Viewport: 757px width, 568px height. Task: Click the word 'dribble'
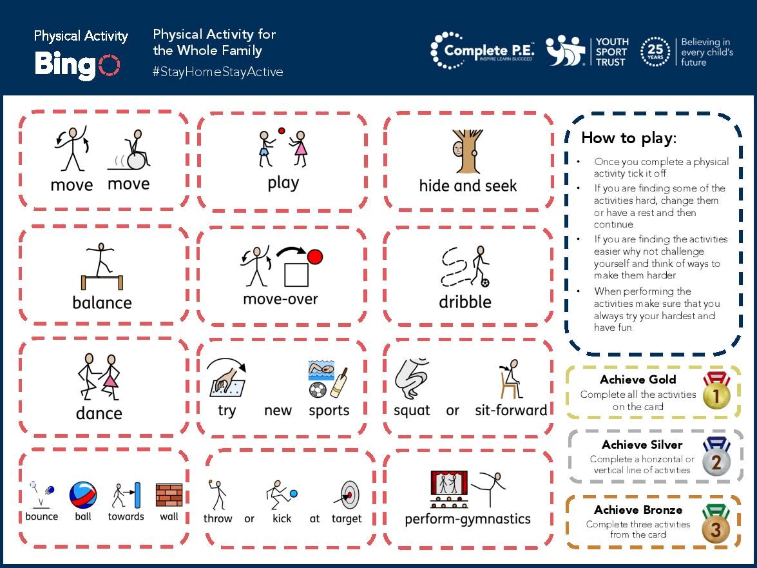click(x=465, y=302)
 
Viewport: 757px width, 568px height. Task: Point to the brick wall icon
click(x=169, y=495)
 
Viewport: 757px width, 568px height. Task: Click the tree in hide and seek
click(x=468, y=152)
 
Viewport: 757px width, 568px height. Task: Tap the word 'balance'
click(x=102, y=302)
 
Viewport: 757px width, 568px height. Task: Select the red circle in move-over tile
click(x=314, y=257)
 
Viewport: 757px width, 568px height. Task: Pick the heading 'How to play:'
click(x=629, y=138)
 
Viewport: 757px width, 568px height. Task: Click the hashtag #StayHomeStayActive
click(x=218, y=72)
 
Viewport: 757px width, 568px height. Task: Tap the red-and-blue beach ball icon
click(x=83, y=495)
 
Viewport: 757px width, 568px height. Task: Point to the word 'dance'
click(x=99, y=413)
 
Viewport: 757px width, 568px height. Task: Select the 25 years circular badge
click(x=655, y=52)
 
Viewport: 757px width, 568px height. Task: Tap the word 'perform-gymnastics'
click(x=468, y=519)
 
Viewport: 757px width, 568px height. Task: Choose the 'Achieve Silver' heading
click(x=642, y=445)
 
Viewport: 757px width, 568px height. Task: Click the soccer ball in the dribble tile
click(x=484, y=282)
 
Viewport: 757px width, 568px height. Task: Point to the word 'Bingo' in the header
click(x=77, y=64)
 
